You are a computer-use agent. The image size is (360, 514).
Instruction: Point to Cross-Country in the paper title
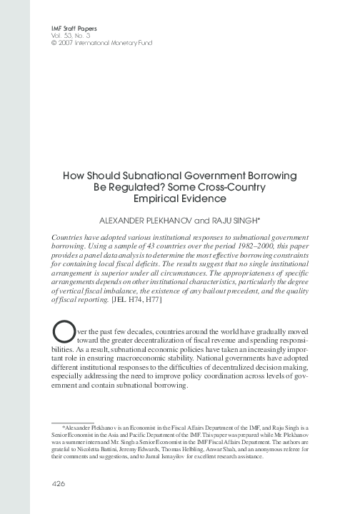point(235,188)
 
